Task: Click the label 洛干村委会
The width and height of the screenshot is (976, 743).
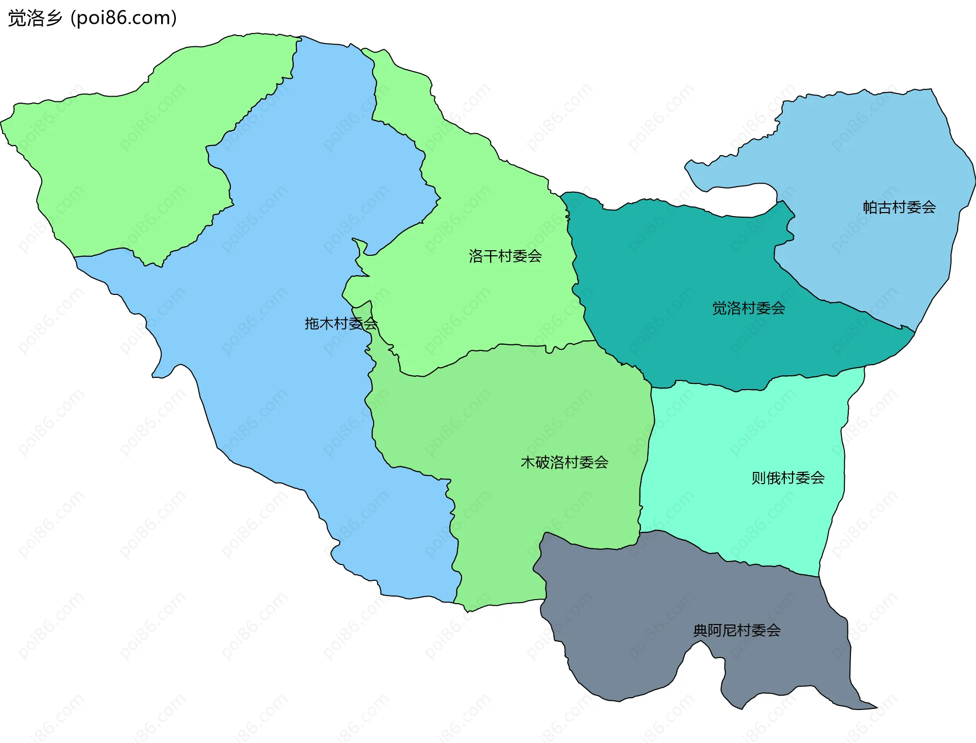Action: pos(505,256)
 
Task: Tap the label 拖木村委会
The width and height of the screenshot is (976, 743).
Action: pos(341,323)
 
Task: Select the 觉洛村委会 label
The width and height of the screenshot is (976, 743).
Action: pos(748,308)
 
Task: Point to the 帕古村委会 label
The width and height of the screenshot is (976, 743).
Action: pos(899,207)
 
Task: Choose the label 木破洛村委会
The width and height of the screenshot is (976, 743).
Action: pos(564,462)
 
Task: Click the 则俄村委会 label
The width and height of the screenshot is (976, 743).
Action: pos(788,478)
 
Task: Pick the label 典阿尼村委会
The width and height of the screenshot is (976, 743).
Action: pos(737,631)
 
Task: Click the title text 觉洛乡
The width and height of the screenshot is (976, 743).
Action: pos(35,18)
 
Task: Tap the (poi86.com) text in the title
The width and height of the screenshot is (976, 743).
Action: pos(124,18)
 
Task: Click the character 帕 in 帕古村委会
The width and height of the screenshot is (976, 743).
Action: pos(870,207)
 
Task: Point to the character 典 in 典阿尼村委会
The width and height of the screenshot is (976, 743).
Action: pos(700,631)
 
